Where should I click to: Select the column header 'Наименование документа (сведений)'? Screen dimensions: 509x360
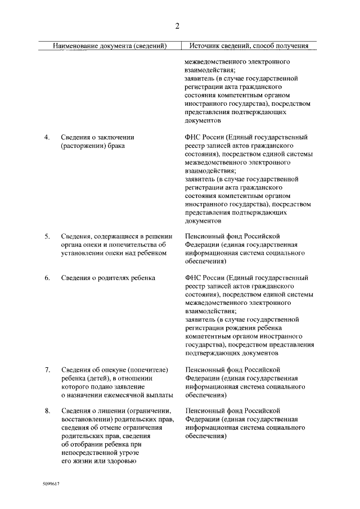(x=110, y=46)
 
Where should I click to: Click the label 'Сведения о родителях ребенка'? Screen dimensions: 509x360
(x=108, y=278)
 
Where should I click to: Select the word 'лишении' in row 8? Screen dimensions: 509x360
(x=111, y=411)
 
